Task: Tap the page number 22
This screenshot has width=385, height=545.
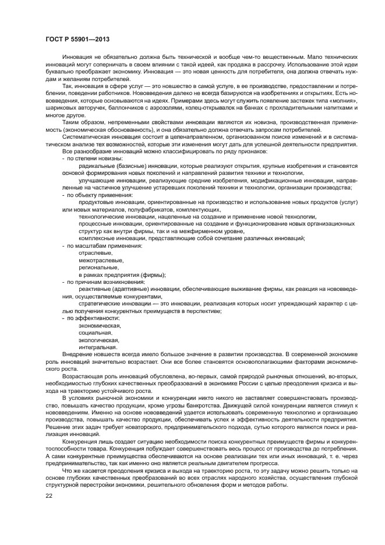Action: [49, 495]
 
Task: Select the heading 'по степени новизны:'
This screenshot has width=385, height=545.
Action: [93, 159]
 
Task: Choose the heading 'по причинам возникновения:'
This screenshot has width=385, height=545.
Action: [103, 282]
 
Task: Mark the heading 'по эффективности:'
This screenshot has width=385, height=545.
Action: [93, 318]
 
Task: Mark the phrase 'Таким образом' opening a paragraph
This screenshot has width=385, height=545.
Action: [81, 122]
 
